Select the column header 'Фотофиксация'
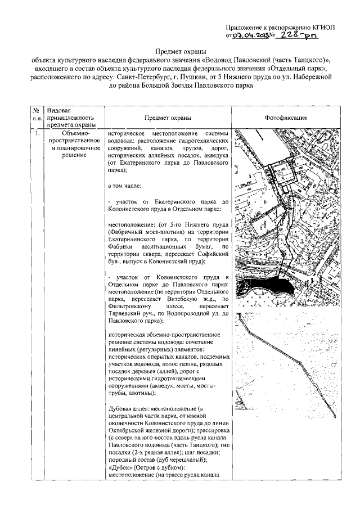[x=286, y=118]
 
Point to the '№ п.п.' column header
[x=37, y=115]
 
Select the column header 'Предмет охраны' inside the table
[x=167, y=118]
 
